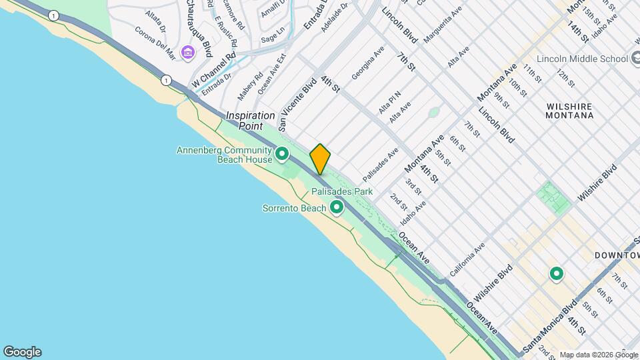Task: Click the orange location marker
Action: [x=320, y=159]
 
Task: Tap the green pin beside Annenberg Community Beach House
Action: [x=282, y=155]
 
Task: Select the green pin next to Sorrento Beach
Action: [x=337, y=208]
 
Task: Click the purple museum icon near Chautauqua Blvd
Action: [x=188, y=53]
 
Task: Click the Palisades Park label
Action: [x=341, y=192]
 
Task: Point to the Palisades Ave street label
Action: [x=380, y=165]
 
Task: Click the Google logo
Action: [x=22, y=352]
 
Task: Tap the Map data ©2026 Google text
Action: [x=598, y=355]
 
